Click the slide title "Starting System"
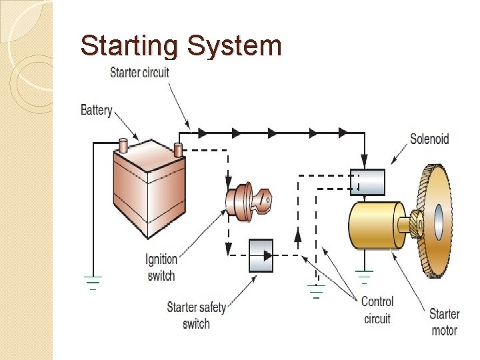click(181, 46)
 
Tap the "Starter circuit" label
click(139, 73)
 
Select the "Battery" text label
click(97, 110)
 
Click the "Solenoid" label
click(429, 139)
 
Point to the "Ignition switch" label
click(161, 267)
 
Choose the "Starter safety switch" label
click(196, 315)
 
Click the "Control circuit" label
click(377, 310)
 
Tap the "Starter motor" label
click(444, 322)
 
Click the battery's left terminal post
click(123, 145)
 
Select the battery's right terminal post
click(178, 150)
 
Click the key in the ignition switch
click(263, 200)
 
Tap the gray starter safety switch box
click(261, 255)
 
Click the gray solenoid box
click(367, 182)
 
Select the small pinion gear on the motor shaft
click(416, 223)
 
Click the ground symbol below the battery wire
click(93, 283)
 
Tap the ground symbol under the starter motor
click(364, 277)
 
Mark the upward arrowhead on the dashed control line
click(298, 235)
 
